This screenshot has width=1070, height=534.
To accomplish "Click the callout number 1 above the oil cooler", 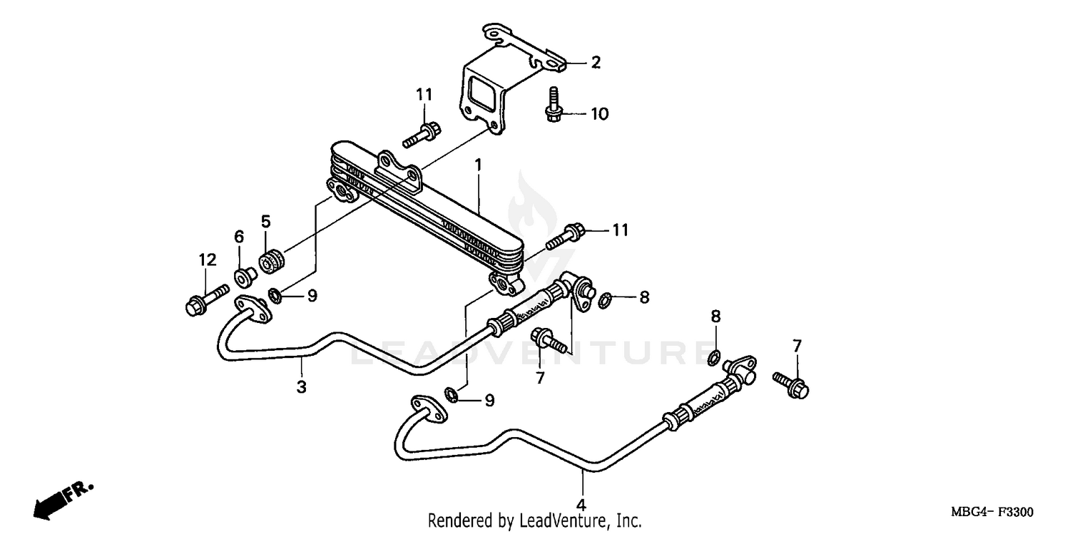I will click(479, 165).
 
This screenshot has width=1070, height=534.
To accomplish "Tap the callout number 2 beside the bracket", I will click(596, 63).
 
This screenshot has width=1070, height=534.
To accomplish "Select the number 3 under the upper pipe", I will click(302, 387).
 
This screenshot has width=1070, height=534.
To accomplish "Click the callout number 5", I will click(265, 222).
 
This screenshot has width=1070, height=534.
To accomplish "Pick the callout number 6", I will click(239, 236).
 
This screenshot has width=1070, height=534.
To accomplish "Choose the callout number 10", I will click(599, 114).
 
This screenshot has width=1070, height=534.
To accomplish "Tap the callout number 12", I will click(207, 261).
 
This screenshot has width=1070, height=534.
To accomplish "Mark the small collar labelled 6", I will click(244, 274).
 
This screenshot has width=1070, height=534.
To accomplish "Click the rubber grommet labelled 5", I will click(272, 261).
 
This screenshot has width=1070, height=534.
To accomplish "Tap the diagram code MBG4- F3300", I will click(991, 513).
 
